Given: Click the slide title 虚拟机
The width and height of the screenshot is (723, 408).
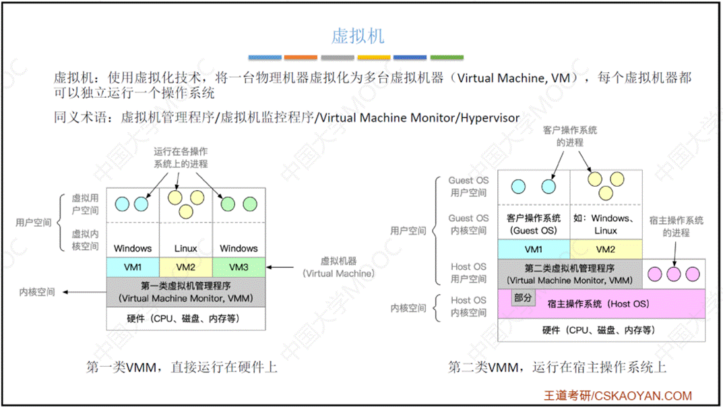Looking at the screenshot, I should click(358, 36).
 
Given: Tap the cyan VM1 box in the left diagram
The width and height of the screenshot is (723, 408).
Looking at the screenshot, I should click(133, 267).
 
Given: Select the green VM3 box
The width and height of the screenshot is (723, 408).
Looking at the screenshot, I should click(239, 267).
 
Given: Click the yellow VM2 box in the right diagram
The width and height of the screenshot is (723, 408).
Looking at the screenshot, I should click(605, 249).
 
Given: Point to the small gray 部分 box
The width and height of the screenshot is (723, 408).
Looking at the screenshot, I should click(523, 297).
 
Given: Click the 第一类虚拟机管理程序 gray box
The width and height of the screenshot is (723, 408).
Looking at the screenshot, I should click(186, 291).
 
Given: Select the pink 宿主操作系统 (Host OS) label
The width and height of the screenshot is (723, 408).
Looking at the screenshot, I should click(598, 304).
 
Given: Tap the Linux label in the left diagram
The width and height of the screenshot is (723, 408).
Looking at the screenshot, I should click(186, 248).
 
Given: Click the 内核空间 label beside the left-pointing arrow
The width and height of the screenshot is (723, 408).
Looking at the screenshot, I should click(38, 292).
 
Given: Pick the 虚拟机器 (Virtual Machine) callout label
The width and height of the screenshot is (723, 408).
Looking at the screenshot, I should click(338, 267).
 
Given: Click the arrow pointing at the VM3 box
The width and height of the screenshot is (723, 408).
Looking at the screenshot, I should click(283, 268).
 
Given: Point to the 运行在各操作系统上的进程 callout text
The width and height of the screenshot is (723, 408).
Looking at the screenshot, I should click(181, 158).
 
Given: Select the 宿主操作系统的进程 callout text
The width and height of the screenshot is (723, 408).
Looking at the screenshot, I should click(676, 226).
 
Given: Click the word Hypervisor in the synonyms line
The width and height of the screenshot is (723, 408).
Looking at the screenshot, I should click(490, 117).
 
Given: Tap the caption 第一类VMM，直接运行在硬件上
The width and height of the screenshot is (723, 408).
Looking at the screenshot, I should click(182, 368).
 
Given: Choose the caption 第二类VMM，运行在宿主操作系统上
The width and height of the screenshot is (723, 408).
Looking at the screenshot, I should click(557, 368).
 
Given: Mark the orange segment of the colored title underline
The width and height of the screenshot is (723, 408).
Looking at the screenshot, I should click(301, 57).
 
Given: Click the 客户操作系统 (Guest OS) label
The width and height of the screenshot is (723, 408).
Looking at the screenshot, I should click(533, 224).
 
